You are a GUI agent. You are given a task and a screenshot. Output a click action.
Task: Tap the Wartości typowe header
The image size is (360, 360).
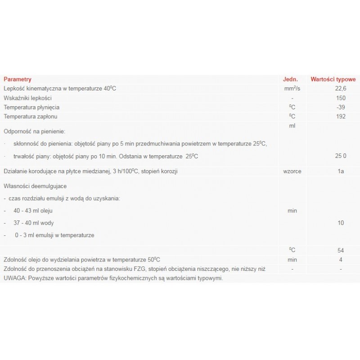click(333, 79)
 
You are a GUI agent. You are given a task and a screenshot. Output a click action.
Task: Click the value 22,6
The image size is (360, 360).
click(341, 88)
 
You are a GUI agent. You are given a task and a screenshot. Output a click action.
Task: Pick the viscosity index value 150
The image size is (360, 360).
click(341, 98)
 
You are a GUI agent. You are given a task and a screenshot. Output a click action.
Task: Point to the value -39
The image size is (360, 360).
click(341, 108)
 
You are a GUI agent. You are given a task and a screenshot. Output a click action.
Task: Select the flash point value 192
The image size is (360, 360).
click(341, 117)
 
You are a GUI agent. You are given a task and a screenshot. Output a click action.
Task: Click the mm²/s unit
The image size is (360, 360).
click(292, 88)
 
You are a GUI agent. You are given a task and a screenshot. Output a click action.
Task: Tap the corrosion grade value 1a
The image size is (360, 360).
click(341, 172)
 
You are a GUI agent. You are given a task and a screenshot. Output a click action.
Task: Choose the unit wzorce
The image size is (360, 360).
click(292, 172)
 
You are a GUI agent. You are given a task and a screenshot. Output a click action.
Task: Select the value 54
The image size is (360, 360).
click(341, 250)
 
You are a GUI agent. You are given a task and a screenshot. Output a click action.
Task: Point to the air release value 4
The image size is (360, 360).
click(341, 260)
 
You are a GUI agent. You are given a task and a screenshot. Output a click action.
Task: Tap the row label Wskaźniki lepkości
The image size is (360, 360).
click(28, 98)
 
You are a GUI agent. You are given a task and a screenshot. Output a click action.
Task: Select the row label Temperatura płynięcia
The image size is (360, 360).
click(31, 108)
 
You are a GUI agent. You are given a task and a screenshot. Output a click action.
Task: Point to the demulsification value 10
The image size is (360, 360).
click(341, 223)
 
